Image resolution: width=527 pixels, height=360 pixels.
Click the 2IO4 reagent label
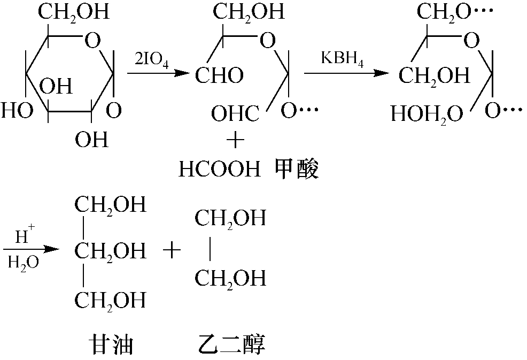click(152, 61)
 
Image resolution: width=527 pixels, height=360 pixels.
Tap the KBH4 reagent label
click(342, 59)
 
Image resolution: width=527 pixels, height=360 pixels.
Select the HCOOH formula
click(220, 169)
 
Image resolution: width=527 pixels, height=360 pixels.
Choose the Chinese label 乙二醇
click(231, 344)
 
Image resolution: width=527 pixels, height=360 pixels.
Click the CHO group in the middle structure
click(220, 75)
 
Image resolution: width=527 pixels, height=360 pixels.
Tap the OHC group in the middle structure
click(235, 113)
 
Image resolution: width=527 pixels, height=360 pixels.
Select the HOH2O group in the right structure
click(427, 114)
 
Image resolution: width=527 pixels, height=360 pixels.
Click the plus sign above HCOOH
click(235, 140)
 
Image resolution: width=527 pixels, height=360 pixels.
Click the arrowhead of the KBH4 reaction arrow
click(381, 73)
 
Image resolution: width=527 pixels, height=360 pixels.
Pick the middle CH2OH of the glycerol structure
click(111, 251)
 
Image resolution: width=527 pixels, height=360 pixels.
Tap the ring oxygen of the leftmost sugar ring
click(92, 40)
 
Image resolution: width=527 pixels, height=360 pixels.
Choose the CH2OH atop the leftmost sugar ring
click(74, 12)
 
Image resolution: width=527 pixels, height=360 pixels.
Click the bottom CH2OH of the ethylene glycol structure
click(230, 279)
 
